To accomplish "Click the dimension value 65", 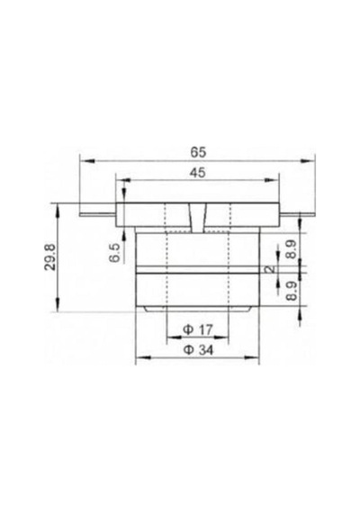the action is point(198,152).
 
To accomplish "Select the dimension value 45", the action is point(198,173).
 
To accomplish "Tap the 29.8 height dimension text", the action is point(50,256).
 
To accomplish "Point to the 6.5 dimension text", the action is point(114,253).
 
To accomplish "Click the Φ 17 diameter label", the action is point(198,329).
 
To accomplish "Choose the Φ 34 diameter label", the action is point(198,350).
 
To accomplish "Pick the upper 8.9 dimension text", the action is point(291,249).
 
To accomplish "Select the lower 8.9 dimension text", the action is point(291,291).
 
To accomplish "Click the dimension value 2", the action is point(270,269).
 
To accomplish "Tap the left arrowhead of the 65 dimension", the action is point(87,160).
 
